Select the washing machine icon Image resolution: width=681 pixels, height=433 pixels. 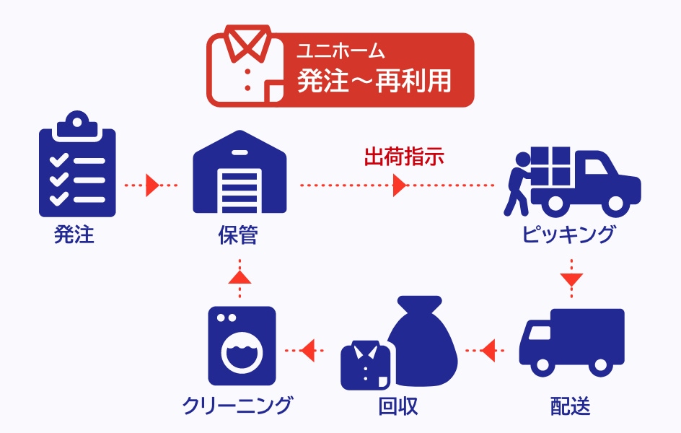[x=241, y=345]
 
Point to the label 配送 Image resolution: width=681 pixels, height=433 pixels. [x=570, y=406]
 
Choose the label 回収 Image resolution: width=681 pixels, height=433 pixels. [x=398, y=406]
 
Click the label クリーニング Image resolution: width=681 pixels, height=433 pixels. [x=237, y=405]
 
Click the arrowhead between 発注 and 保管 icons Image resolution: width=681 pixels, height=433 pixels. [x=151, y=185]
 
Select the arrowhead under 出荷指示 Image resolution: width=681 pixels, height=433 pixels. [x=399, y=185]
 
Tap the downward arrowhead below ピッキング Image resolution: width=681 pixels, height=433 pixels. [x=571, y=279]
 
